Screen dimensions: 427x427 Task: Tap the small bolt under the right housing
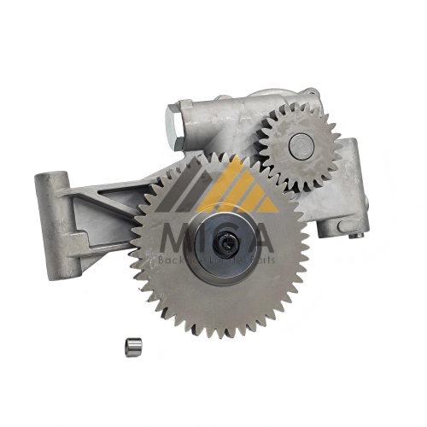342,227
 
